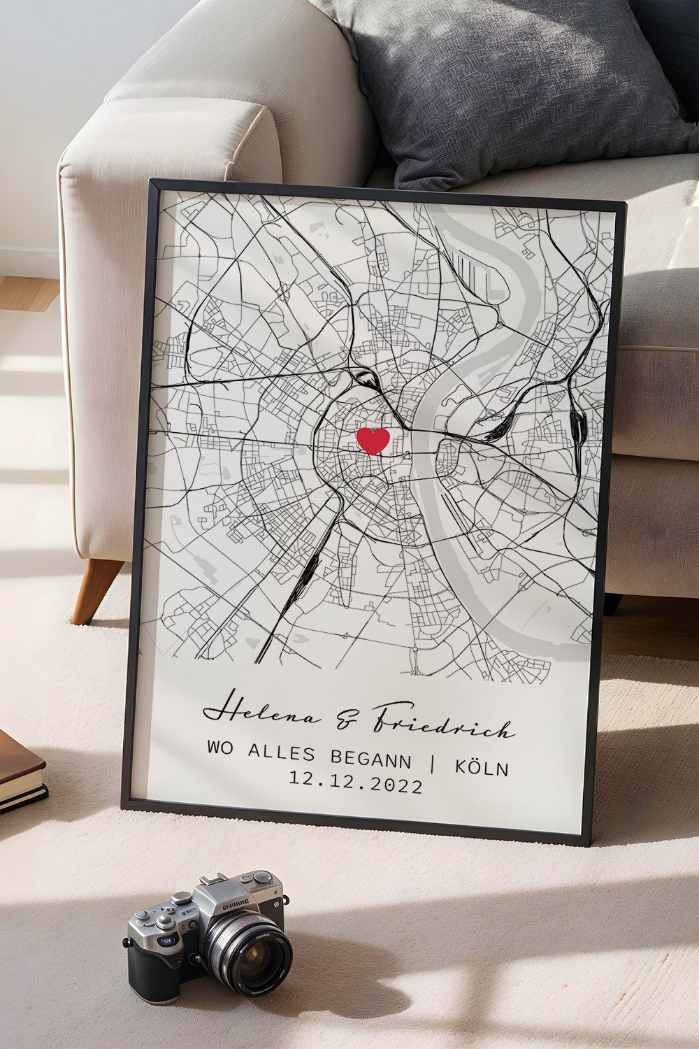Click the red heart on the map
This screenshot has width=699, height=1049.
tap(373, 441)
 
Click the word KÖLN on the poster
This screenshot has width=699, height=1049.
tap(482, 767)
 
